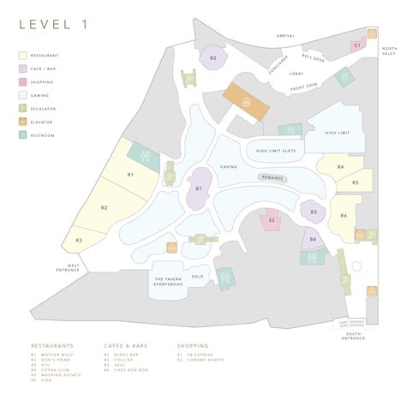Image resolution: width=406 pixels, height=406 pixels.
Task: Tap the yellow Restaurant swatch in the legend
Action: pyautogui.click(x=23, y=56)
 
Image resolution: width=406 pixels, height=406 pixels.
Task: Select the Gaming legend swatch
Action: pyautogui.click(x=23, y=95)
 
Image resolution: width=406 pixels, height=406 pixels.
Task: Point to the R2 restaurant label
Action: pyautogui.click(x=104, y=207)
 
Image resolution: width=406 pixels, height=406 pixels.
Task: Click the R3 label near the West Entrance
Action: pyautogui.click(x=78, y=241)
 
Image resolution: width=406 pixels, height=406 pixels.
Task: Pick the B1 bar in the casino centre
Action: pyautogui.click(x=198, y=188)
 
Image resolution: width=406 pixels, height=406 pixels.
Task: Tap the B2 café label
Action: pyautogui.click(x=214, y=57)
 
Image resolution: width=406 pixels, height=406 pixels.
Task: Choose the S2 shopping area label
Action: pyautogui.click(x=272, y=220)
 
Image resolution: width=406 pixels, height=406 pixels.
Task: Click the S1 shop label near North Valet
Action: pyautogui.click(x=356, y=45)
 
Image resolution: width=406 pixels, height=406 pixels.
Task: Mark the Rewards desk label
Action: pyautogui.click(x=272, y=177)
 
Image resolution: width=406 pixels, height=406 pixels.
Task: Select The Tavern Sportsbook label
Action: pyautogui.click(x=169, y=283)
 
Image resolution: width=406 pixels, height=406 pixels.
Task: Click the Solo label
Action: pyautogui.click(x=197, y=277)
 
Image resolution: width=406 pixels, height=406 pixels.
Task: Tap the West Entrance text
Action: pyautogui.click(x=67, y=268)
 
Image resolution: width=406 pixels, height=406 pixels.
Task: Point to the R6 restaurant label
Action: pyautogui.click(x=343, y=216)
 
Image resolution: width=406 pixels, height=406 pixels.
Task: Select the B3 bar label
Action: pyautogui.click(x=313, y=211)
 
